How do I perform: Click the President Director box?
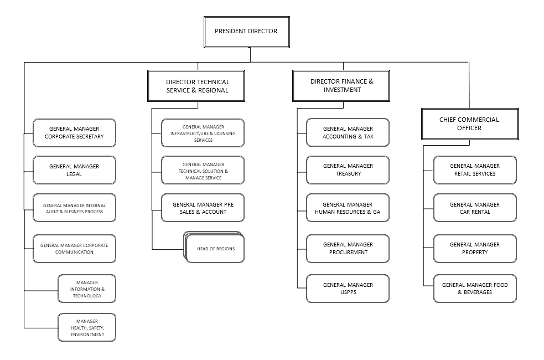[x=247, y=32]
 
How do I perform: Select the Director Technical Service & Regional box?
[x=196, y=86]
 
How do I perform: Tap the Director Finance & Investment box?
[x=341, y=86]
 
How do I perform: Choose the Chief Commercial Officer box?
[x=470, y=124]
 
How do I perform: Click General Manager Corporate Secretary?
[x=74, y=132]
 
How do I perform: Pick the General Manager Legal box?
[x=74, y=170]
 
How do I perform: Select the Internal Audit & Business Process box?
[x=74, y=208]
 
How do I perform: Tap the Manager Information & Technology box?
[x=87, y=289]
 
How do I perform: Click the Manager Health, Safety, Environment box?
[x=87, y=327]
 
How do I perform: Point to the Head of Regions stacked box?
[x=214, y=247]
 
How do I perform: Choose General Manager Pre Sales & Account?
[x=203, y=208]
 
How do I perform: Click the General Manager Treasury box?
[x=348, y=170]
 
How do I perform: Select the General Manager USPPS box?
[x=348, y=289]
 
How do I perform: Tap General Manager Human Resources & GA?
[x=348, y=208]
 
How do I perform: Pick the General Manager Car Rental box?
[x=475, y=208]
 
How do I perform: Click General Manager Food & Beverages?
[x=475, y=289]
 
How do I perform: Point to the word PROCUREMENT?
[x=348, y=253]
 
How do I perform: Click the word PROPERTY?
[x=475, y=253]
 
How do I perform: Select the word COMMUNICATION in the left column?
[x=74, y=252]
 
